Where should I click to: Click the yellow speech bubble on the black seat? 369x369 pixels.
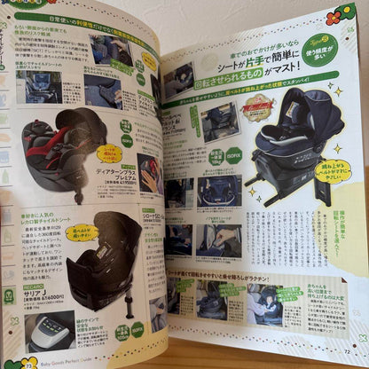click(x=81, y=232)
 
